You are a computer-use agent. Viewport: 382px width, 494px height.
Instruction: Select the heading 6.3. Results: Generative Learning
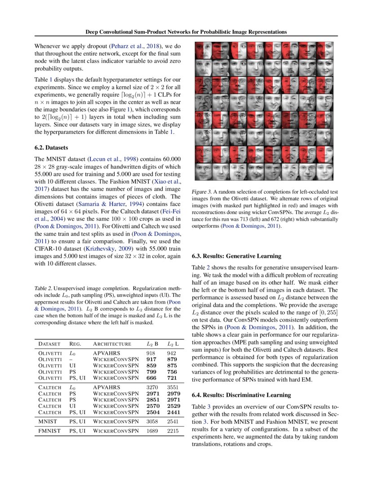(x=236, y=256)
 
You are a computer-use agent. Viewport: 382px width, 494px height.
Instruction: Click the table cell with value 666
(x=152, y=379)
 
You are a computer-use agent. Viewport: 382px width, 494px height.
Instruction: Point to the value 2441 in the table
(x=173, y=412)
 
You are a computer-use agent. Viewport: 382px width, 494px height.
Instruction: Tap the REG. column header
(x=75, y=344)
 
